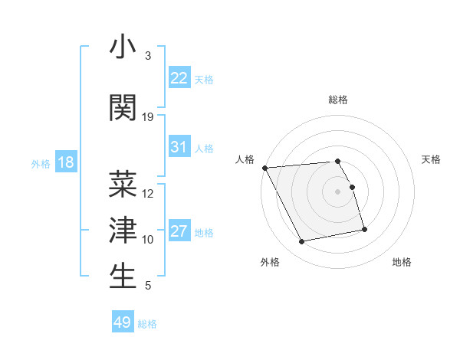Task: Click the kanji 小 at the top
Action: tap(123, 47)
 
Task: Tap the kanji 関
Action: tap(123, 107)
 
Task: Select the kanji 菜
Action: tap(123, 184)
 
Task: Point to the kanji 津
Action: tap(123, 229)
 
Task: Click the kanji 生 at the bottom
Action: tap(123, 276)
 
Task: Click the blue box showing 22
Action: tap(179, 78)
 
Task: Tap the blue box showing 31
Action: tap(179, 147)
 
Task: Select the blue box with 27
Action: tap(179, 231)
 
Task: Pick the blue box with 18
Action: tap(65, 162)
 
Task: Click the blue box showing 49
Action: tap(123, 322)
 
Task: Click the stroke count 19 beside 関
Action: tap(148, 117)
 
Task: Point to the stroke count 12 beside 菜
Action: tap(148, 194)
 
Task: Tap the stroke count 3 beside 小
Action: tap(148, 56)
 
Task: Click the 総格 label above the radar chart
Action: tap(338, 100)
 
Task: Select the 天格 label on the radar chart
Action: tap(432, 159)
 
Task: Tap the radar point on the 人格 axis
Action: tap(264, 168)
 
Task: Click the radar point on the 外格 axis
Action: tap(302, 242)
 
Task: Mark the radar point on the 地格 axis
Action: tap(364, 229)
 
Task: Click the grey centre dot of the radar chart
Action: tap(338, 191)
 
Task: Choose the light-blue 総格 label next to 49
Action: tap(147, 324)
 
